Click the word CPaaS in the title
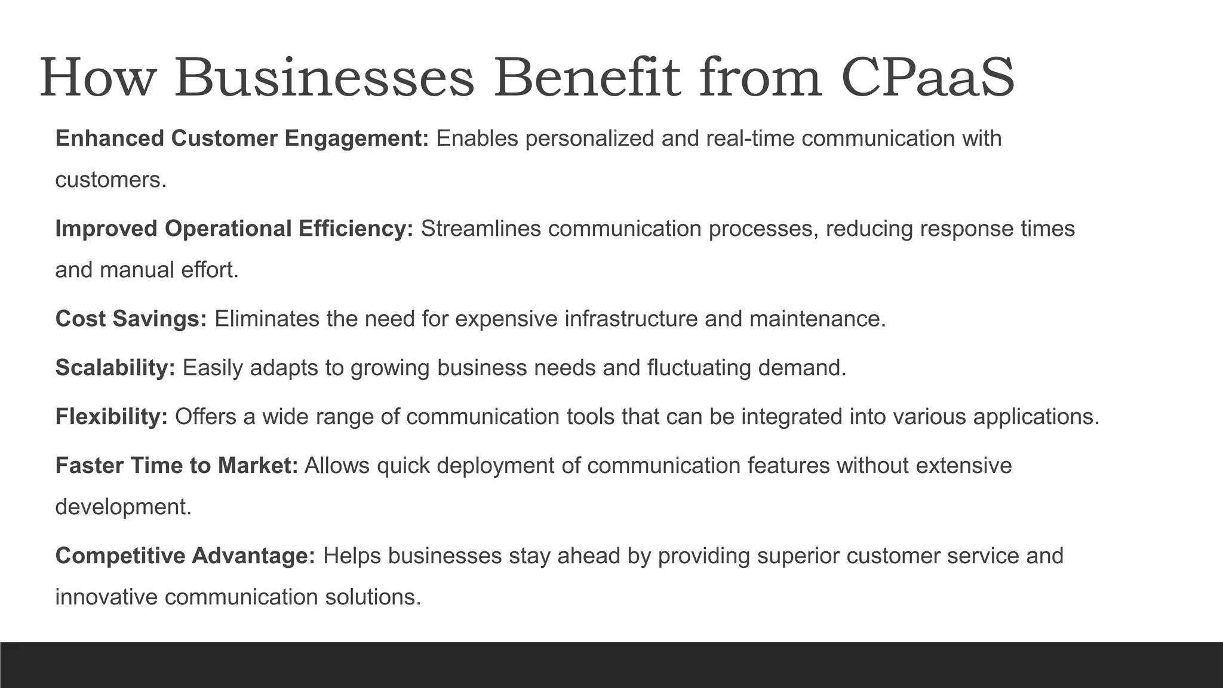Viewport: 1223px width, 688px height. click(x=927, y=78)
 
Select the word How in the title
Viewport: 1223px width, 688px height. click(x=97, y=78)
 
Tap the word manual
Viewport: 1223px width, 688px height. click(x=137, y=270)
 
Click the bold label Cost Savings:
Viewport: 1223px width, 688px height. click(x=131, y=319)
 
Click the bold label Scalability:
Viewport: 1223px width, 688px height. click(x=115, y=368)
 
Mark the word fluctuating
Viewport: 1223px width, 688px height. click(x=699, y=368)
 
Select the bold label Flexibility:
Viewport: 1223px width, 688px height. click(x=112, y=416)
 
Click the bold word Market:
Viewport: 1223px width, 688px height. click(x=257, y=465)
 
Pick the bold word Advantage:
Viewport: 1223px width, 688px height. click(x=253, y=556)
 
